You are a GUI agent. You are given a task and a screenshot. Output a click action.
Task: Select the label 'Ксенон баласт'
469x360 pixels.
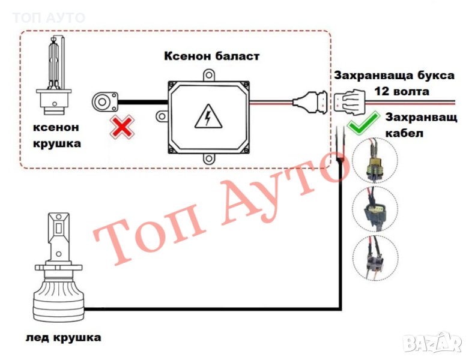212,56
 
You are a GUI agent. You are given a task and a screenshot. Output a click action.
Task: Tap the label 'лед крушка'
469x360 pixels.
63,338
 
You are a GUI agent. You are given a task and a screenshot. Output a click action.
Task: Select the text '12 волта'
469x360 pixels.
402,92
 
